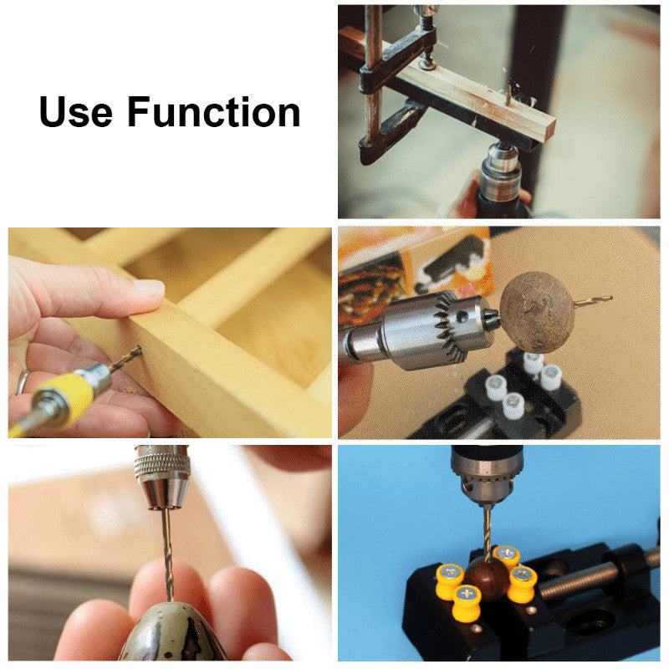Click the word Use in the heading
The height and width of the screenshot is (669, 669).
pyautogui.click(x=76, y=112)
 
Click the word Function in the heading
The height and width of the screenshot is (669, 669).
pyautogui.click(x=214, y=112)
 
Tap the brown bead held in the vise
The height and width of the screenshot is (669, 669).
pyautogui.click(x=488, y=578)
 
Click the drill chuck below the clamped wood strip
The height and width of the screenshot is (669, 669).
pyautogui.click(x=501, y=171)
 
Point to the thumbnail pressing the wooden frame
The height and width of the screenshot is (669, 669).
pyautogui.click(x=150, y=289)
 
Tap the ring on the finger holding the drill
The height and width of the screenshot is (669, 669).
pyautogui.click(x=23, y=383)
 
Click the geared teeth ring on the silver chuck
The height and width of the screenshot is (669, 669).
pyautogui.click(x=448, y=329)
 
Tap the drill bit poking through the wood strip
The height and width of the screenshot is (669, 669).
pyautogui.click(x=509, y=94)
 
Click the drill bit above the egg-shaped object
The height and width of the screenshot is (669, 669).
pyautogui.click(x=167, y=554)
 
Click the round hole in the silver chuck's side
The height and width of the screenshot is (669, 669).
pyautogui.click(x=462, y=317)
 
